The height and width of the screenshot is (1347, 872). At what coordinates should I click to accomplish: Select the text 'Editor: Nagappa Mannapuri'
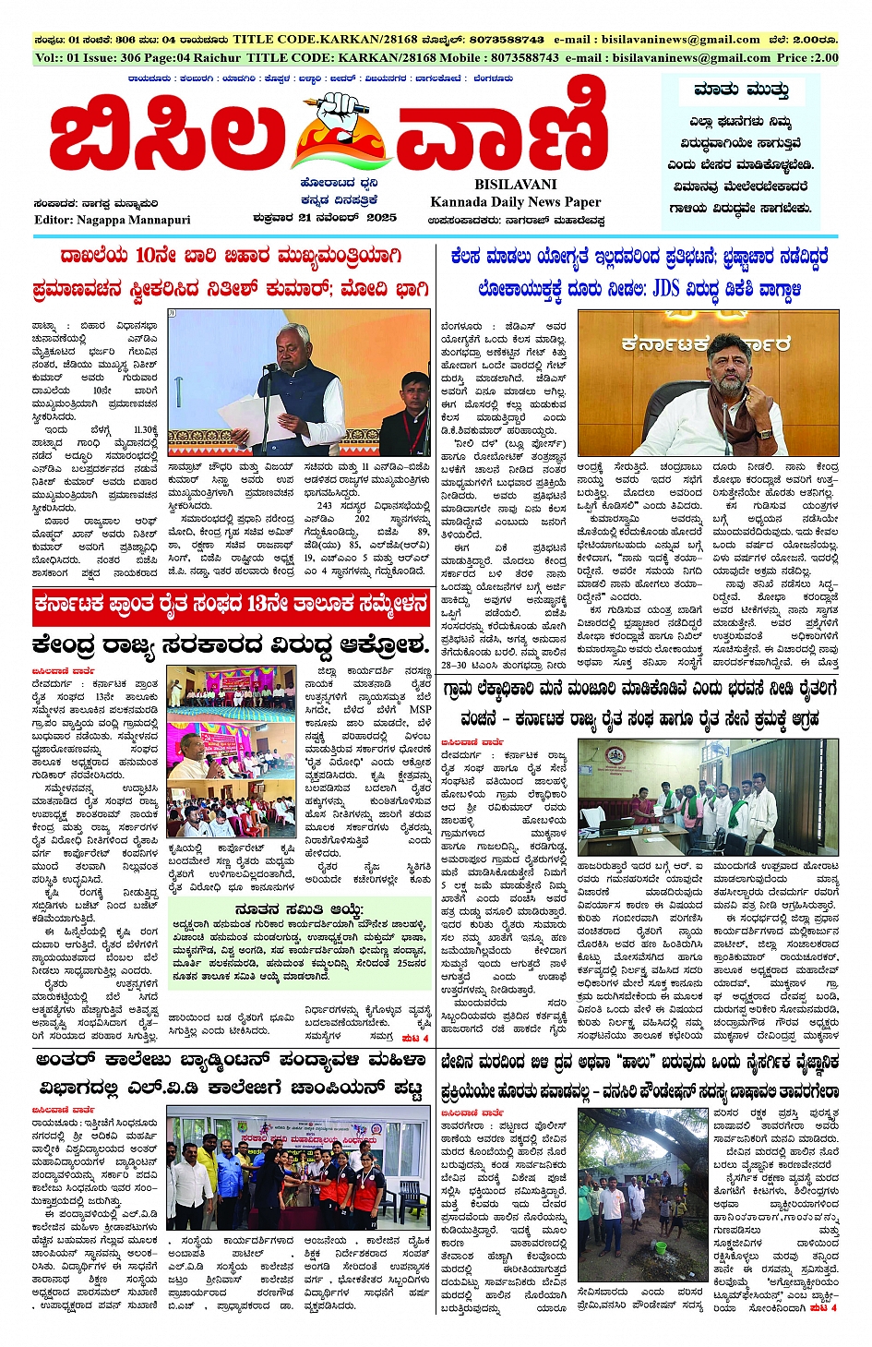(113, 220)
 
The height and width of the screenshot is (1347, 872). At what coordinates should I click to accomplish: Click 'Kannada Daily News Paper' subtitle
(515, 202)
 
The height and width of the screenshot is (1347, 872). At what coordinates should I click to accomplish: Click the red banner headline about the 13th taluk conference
(232, 606)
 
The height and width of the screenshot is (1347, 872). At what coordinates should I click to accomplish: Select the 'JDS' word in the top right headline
(666, 289)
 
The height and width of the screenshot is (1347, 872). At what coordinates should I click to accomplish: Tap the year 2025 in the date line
(379, 218)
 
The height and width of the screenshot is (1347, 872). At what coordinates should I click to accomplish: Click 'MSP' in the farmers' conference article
(420, 710)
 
